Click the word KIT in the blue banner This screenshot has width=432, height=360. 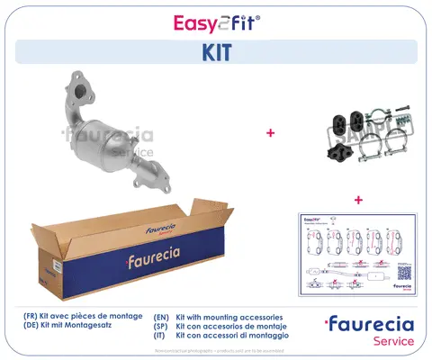click(x=215, y=53)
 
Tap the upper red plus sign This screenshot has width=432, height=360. click(x=270, y=133)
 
